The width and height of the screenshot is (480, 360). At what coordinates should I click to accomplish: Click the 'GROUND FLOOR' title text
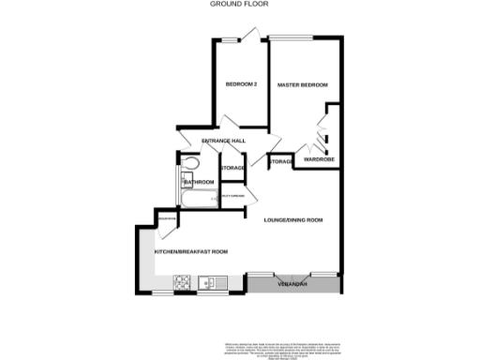(x=239, y=4)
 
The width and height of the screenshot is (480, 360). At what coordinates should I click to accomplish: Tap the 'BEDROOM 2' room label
(x=241, y=85)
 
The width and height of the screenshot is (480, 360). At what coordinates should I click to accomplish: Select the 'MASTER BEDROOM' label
(x=303, y=85)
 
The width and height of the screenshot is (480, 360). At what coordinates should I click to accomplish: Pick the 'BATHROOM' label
(x=199, y=182)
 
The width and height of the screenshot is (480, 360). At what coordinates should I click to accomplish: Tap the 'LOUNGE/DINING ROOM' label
(x=292, y=220)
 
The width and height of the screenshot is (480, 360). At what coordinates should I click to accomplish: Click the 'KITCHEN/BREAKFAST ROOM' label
(x=191, y=252)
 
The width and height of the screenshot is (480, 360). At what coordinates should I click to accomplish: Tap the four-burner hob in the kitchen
(x=179, y=280)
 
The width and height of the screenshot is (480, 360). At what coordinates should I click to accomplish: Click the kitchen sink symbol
(x=207, y=280)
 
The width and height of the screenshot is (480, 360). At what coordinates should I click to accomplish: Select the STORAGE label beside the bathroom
(x=232, y=169)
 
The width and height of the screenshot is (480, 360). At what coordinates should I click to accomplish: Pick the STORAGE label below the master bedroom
(x=280, y=163)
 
